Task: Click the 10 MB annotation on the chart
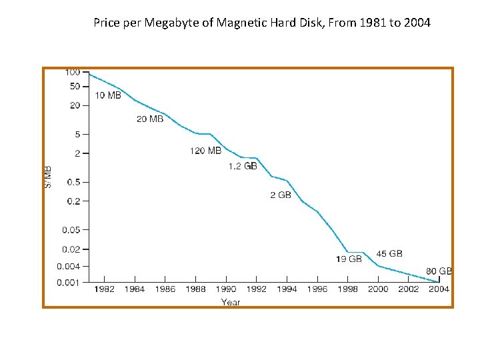tap(108, 95)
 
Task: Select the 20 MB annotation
tap(150, 119)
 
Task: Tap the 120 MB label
tap(205, 151)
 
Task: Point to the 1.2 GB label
tap(243, 166)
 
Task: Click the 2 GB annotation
tap(281, 195)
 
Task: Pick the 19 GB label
tap(349, 259)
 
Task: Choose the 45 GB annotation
tap(389, 254)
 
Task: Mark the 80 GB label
tap(439, 271)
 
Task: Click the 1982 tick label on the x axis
tap(105, 289)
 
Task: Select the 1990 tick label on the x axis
tap(226, 289)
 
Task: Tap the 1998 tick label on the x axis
tap(347, 289)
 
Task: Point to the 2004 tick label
tap(439, 289)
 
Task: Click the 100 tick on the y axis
tap(73, 72)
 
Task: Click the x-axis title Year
tap(231, 302)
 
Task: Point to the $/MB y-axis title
tap(48, 177)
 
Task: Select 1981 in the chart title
tap(371, 23)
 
